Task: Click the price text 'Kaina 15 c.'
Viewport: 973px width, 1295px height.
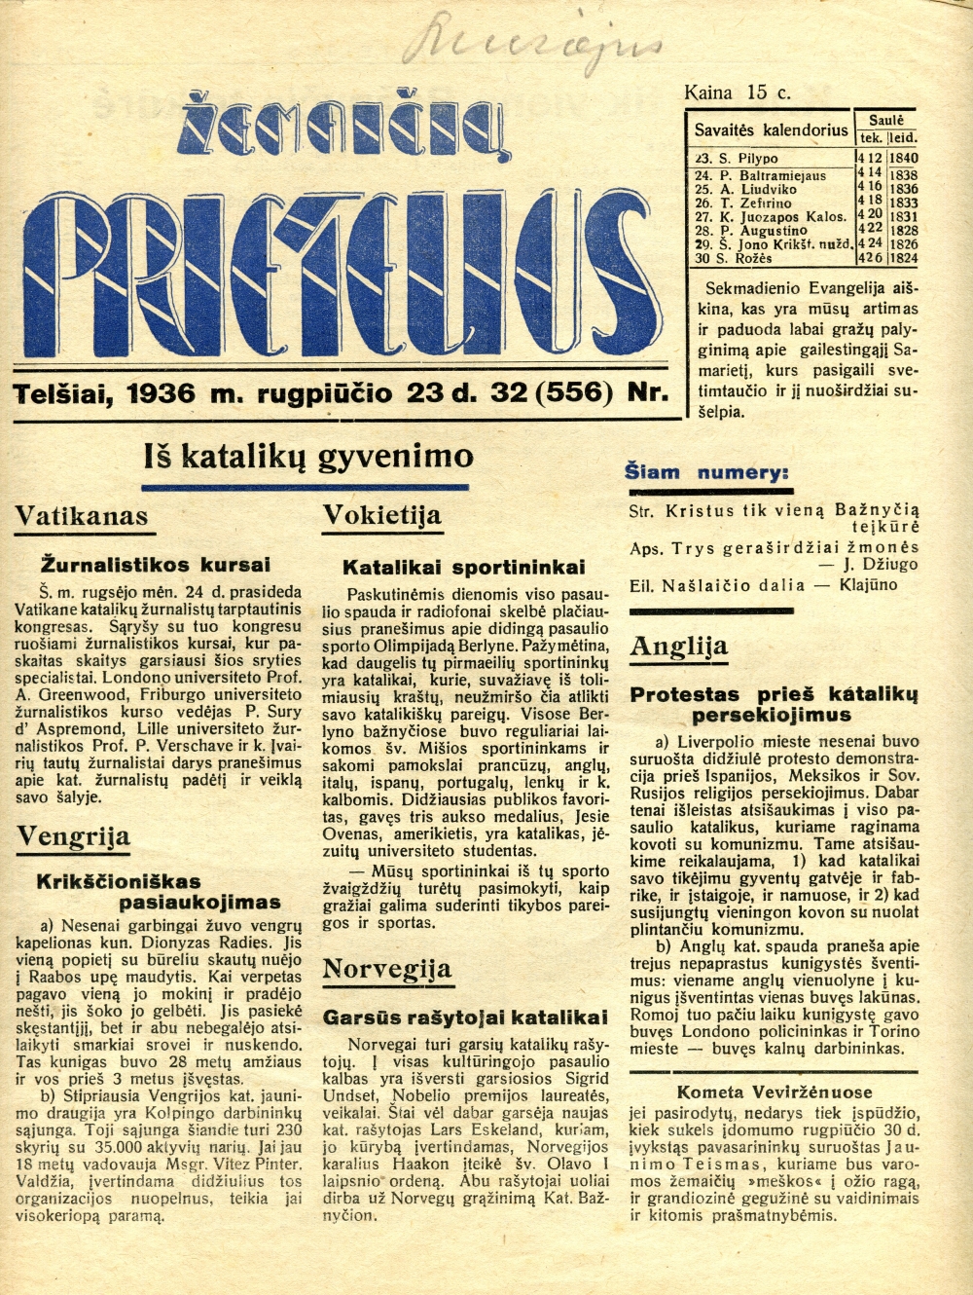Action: coord(737,92)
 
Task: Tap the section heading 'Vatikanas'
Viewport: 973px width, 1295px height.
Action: coord(82,516)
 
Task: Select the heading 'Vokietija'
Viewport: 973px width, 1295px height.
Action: coord(381,515)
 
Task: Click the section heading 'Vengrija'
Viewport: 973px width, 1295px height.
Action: coord(73,835)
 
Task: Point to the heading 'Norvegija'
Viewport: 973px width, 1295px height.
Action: coord(387,969)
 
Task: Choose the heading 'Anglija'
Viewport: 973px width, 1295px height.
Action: coord(678,647)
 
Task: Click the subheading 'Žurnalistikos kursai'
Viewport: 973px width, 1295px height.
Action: coord(156,565)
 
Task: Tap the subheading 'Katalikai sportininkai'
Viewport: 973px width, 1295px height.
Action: coord(464,567)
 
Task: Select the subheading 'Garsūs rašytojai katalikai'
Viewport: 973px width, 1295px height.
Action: coord(465,1017)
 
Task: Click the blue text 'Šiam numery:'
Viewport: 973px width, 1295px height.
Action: coord(706,473)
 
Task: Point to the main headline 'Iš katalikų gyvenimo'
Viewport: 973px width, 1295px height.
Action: coord(308,456)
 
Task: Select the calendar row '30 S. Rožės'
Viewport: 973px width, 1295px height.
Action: coord(733,258)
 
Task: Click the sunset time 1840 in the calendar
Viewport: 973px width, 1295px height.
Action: coord(903,158)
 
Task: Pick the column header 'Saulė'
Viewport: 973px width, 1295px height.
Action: coord(886,120)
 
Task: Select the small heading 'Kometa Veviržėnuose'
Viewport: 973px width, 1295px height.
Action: coord(775,1091)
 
